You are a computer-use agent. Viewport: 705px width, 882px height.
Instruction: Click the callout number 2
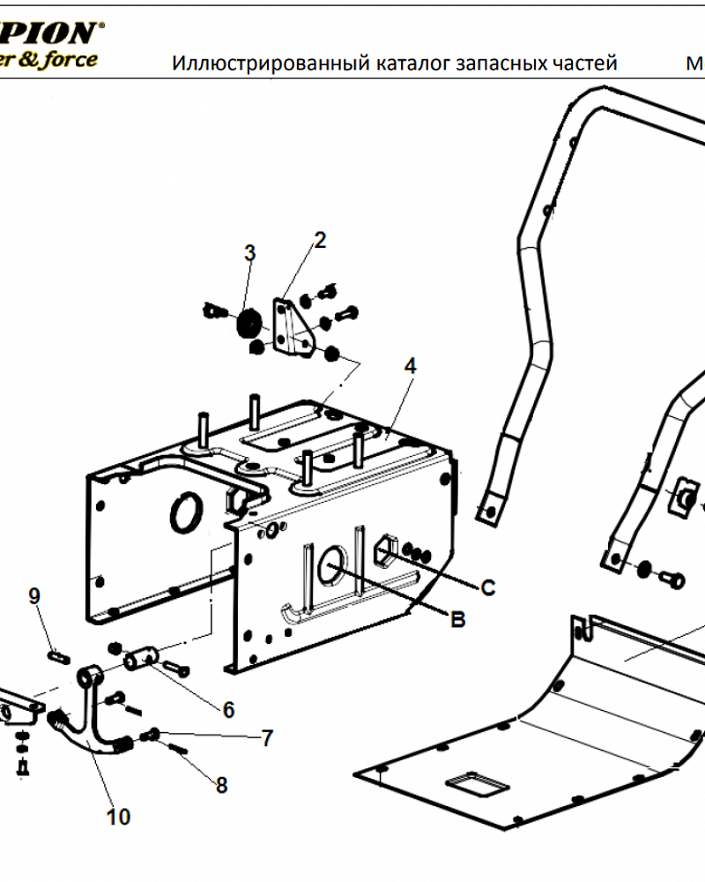click(320, 239)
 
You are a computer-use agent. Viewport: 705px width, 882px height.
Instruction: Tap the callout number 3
click(249, 253)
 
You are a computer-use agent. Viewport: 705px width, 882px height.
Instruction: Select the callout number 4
click(409, 366)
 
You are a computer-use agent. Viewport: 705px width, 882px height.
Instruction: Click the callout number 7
click(268, 739)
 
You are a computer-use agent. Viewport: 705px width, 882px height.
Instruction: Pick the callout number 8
click(221, 784)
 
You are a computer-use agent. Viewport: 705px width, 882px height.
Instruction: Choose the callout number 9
click(34, 596)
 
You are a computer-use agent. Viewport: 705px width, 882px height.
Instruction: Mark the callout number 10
click(118, 817)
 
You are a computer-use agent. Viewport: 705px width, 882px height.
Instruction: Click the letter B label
click(457, 620)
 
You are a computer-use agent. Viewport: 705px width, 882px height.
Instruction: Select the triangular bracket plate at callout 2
click(290, 329)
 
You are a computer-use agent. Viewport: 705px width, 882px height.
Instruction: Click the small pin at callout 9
click(56, 655)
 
